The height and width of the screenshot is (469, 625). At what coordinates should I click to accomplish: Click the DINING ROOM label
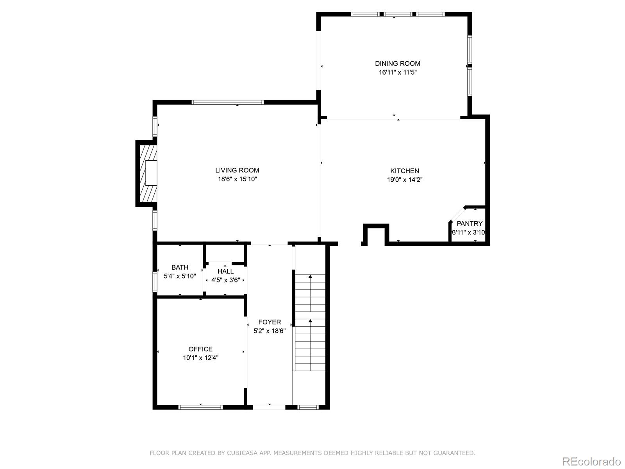[x=398, y=63]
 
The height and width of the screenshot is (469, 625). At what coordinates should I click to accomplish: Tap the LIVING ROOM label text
[x=237, y=170]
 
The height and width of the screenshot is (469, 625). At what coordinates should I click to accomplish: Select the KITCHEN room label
[x=405, y=171]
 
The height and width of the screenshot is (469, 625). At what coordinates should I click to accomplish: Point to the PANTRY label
[x=470, y=224]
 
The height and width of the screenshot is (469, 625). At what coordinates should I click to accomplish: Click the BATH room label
[x=180, y=267]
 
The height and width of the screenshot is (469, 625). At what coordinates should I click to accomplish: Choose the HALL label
[x=225, y=271]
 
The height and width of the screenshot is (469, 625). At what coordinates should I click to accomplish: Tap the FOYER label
[x=270, y=322]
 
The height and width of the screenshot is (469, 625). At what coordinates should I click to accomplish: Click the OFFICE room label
[x=200, y=349]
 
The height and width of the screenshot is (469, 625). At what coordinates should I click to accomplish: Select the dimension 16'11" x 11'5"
[x=398, y=72]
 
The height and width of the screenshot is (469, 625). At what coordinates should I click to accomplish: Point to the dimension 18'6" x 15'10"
[x=237, y=179]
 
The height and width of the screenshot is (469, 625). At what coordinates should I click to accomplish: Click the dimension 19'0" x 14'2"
[x=405, y=180]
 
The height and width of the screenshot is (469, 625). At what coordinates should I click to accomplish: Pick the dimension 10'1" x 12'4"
[x=200, y=358]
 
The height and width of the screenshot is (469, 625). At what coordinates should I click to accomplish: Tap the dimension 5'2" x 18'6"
[x=270, y=331]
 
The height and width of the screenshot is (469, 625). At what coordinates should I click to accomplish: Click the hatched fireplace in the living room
[x=148, y=173]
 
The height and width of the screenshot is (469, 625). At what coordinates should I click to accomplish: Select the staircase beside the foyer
[x=310, y=323]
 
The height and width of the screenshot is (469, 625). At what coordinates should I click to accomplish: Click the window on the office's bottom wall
[x=200, y=407]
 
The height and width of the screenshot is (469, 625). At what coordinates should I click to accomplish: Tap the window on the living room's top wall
[x=227, y=102]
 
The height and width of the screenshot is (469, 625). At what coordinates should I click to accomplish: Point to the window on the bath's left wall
[x=155, y=282]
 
